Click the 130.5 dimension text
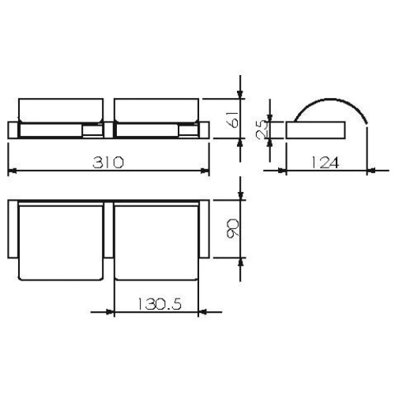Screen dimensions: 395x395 (156, 303)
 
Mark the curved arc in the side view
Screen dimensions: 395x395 (331, 103)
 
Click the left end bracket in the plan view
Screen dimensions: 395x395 (11, 228)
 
